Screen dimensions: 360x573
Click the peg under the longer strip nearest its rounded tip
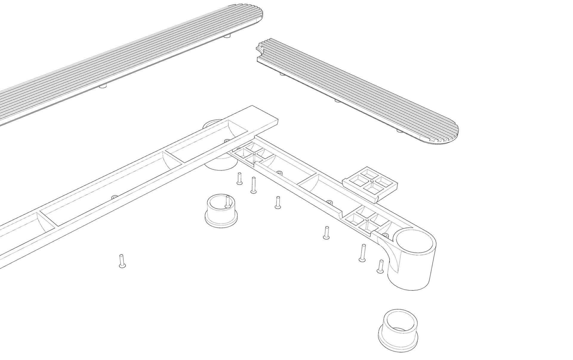point(227,36)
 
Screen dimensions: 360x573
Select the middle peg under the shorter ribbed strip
point(337,101)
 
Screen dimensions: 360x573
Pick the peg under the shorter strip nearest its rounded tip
point(399,130)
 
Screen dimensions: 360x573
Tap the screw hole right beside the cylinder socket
point(385,236)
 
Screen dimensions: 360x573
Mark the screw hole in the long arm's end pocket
point(226,140)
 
